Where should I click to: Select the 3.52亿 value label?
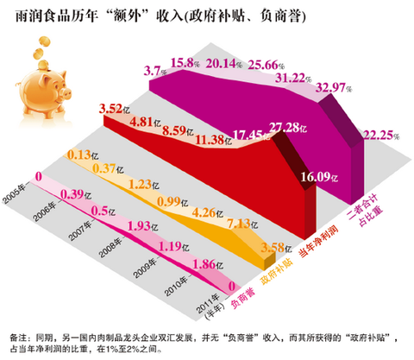116,109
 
